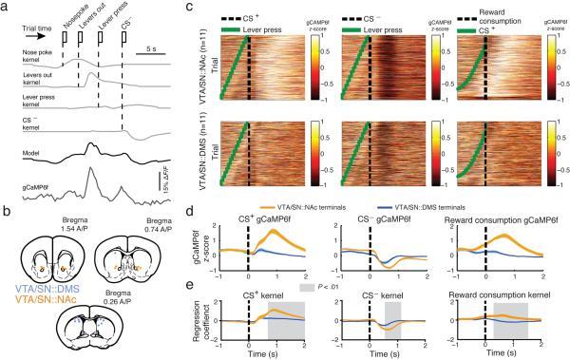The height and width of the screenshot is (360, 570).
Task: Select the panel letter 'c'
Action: pyautogui.click(x=192, y=7)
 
